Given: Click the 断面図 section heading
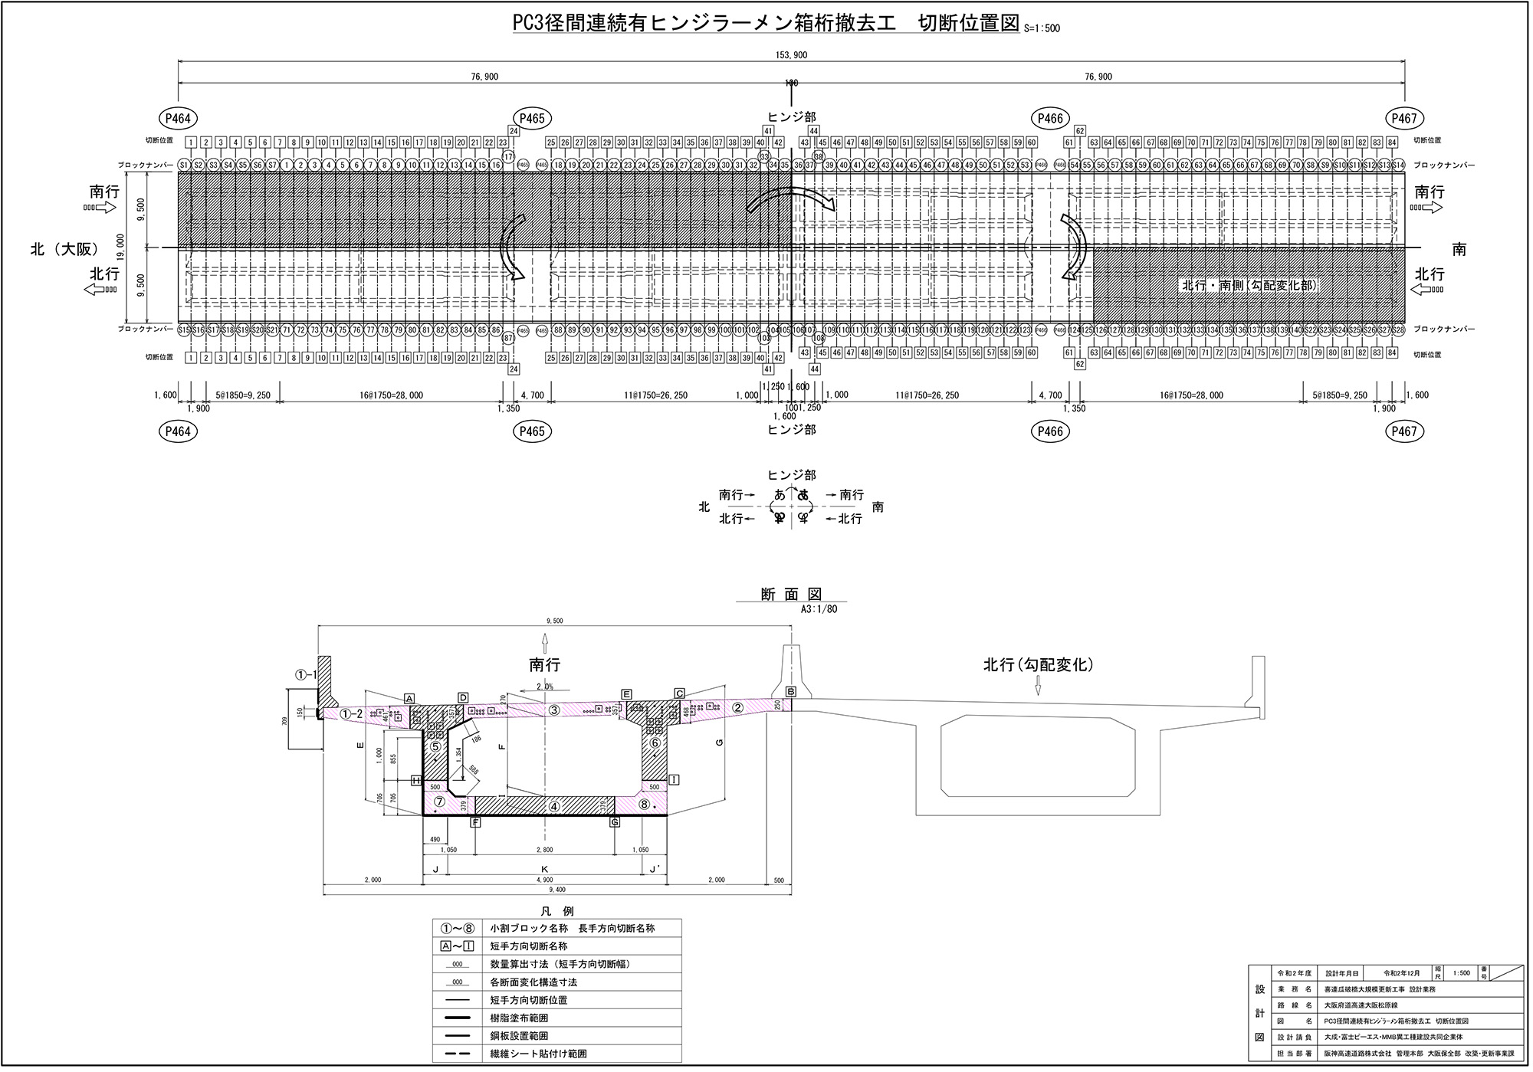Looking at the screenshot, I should (x=791, y=595).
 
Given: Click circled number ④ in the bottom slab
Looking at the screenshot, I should (x=554, y=806).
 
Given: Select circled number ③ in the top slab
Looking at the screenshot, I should (x=554, y=710).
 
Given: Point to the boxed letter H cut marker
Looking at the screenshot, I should (x=416, y=780).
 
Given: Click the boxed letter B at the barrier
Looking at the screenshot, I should (x=791, y=691).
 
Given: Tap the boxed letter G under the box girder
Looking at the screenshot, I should (x=615, y=822).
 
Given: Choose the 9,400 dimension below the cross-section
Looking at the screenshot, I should (x=557, y=890).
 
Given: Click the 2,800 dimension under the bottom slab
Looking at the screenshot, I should (x=545, y=850).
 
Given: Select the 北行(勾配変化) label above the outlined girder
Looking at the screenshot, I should (x=1038, y=665).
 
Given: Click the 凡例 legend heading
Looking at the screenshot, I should (x=556, y=911).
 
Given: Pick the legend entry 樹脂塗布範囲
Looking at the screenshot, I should (x=519, y=1018).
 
